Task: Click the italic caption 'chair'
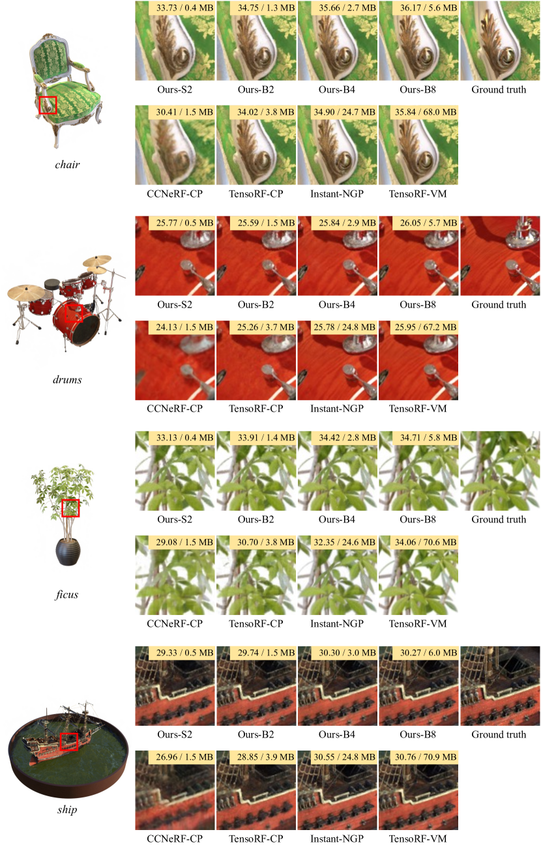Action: click(67, 164)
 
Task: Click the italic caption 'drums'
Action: click(67, 379)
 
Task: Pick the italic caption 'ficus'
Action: click(67, 594)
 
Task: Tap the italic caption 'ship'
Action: click(67, 809)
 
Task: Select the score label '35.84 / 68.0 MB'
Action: click(426, 112)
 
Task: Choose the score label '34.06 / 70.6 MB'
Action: click(426, 542)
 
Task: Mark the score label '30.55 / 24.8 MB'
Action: click(344, 757)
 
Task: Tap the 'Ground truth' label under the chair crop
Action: click(499, 90)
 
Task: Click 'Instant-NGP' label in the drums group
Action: click(337, 409)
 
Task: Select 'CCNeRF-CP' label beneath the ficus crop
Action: click(175, 624)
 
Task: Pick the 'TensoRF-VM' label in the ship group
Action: click(418, 839)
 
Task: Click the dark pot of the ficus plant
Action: click(68, 552)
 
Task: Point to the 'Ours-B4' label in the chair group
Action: click(337, 90)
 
